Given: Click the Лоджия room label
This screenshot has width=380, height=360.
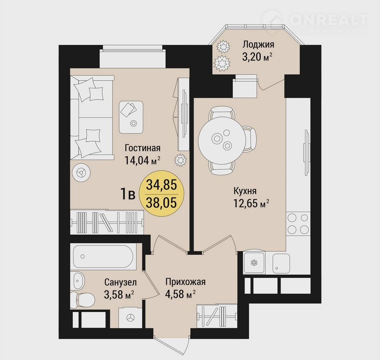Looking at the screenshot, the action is point(258,45).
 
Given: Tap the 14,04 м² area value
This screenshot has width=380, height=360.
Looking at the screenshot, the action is point(142,160).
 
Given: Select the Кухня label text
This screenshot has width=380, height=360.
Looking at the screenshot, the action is point(245,191).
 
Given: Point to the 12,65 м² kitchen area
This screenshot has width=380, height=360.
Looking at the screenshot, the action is point(251,203).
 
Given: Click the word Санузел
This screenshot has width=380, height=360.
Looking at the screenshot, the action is point(120,282).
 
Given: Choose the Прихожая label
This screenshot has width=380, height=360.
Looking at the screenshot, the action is point(186,282).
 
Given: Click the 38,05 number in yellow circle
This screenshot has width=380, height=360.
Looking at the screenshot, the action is point(161,203).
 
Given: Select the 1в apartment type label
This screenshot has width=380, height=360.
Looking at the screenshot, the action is point(128,194).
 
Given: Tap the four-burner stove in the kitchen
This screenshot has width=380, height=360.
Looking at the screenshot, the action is point(298,223).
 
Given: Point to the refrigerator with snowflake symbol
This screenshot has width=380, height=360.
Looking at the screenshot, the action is point(254,262).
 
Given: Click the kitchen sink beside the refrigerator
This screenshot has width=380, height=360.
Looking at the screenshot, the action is point(281,263).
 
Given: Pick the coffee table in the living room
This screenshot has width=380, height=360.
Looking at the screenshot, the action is point(131,117).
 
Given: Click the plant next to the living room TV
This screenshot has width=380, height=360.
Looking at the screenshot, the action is point(180,160).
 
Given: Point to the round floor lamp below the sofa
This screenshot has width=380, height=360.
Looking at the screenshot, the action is point(82,172).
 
